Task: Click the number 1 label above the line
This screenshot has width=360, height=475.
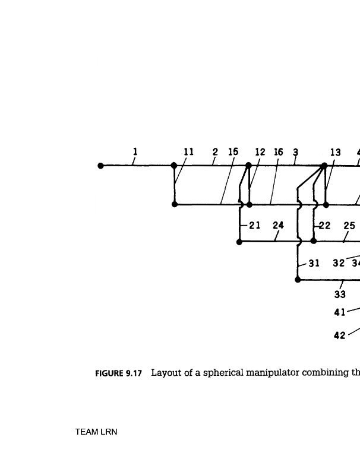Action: tap(135, 151)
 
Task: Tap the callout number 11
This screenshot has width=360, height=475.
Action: tap(188, 152)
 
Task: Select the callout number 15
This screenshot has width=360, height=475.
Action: tap(233, 152)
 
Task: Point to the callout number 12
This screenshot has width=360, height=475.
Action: tap(260, 152)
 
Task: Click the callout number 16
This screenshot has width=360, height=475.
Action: tap(278, 152)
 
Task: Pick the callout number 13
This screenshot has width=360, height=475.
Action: tap(335, 153)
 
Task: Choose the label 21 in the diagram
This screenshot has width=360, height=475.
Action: tap(255, 226)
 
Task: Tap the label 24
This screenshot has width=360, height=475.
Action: tap(278, 226)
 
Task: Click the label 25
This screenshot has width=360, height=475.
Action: tap(349, 226)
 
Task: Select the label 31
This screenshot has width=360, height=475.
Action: tap(314, 263)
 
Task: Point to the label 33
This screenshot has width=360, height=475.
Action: tap(340, 294)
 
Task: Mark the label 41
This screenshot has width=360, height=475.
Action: tap(340, 312)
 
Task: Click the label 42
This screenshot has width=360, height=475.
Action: tap(340, 335)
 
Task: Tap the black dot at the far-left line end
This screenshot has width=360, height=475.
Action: tap(101, 166)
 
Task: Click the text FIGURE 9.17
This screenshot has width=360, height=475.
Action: tap(119, 373)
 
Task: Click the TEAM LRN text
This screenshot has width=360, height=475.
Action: tap(96, 432)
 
